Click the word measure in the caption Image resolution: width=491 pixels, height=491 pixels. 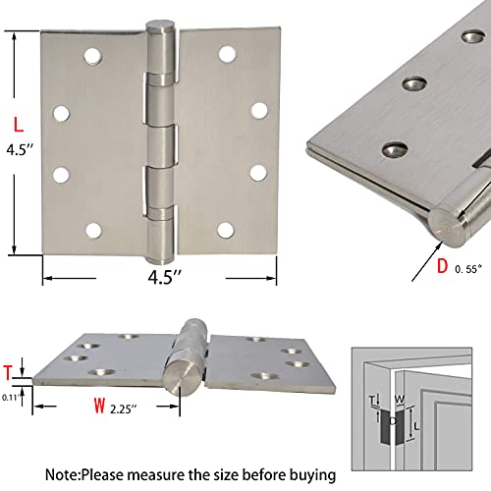point(201,473)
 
